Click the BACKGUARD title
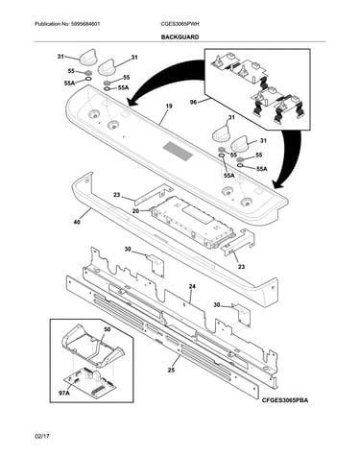click(180, 37)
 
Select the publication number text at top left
click(67, 24)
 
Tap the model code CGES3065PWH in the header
click(180, 24)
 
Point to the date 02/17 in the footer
click(42, 436)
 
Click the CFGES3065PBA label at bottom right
click(286, 400)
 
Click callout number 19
click(169, 106)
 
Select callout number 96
click(193, 103)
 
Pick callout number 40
click(77, 221)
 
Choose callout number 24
click(192, 287)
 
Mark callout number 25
click(171, 371)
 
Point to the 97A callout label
click(64, 393)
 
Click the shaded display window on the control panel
click(178, 151)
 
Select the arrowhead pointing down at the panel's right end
click(277, 184)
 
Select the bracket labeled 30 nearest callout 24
click(241, 315)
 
